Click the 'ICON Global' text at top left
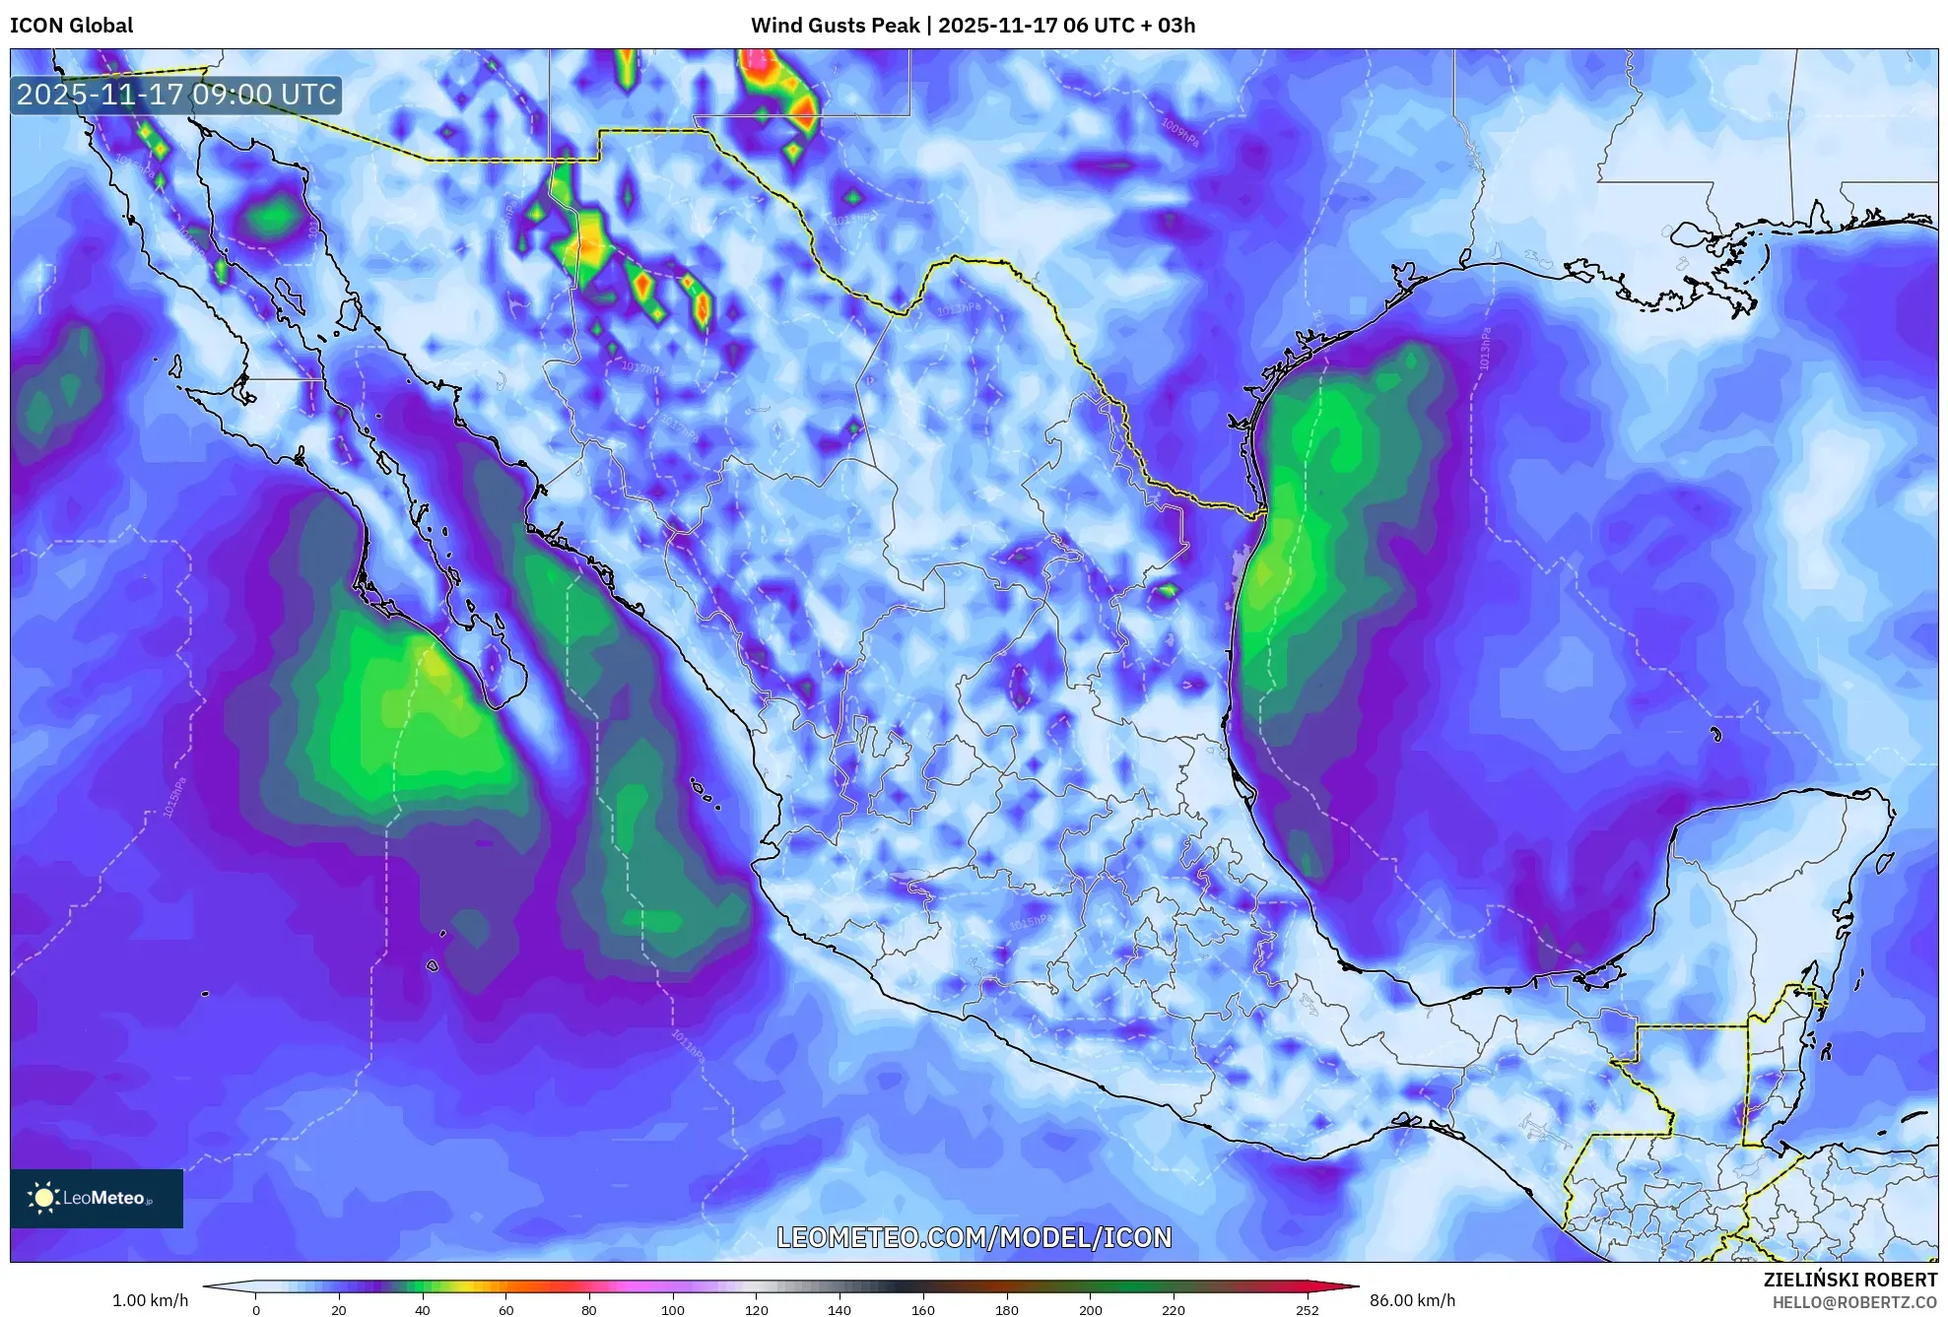(71, 26)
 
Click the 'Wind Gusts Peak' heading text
(835, 26)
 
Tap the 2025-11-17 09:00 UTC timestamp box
(176, 95)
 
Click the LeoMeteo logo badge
(97, 1198)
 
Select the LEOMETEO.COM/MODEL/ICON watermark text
(974, 1237)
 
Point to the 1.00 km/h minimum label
(150, 1300)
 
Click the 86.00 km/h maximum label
(1412, 1300)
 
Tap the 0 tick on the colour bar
(256, 1309)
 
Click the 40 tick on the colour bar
(423, 1309)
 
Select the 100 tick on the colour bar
(673, 1309)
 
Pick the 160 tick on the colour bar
(923, 1309)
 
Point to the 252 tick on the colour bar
(1307, 1309)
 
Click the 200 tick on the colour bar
(1090, 1309)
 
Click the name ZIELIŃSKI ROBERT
(1849, 1280)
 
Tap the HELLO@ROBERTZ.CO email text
(1854, 1302)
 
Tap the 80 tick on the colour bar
(589, 1309)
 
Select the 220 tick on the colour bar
(1174, 1309)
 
